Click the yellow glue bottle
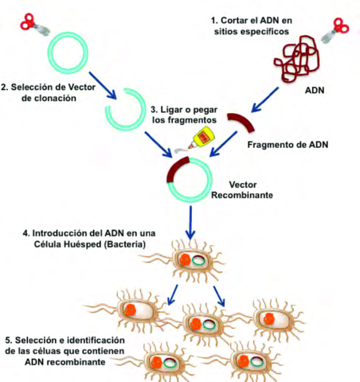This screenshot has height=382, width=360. point(209,137)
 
